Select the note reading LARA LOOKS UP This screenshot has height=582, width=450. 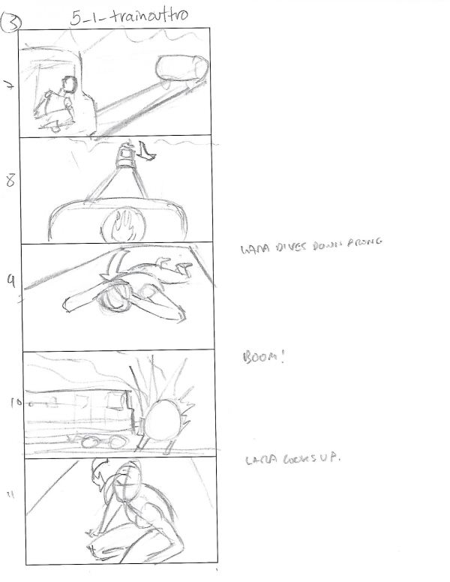288,459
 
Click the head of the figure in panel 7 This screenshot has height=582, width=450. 69,84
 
